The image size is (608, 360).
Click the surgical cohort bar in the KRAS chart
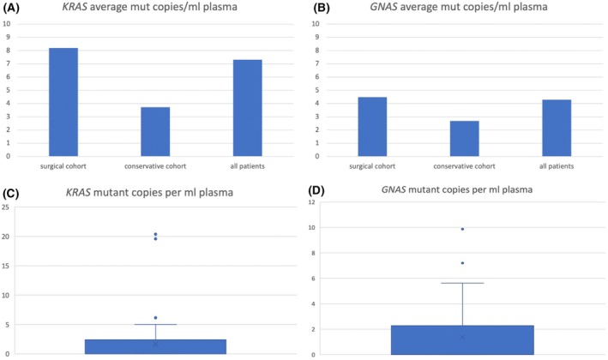click(x=63, y=102)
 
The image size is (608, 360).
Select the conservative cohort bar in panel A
click(x=155, y=131)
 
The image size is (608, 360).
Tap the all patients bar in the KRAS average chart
click(x=247, y=108)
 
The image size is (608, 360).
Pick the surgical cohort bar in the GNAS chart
click(x=372, y=127)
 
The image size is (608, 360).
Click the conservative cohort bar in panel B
click(x=465, y=138)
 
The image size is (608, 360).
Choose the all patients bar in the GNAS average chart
click(x=557, y=128)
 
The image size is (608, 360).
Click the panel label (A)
click(x=11, y=8)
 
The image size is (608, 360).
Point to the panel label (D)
click(x=316, y=190)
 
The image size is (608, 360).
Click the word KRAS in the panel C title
click(x=78, y=193)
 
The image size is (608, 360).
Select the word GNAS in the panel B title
click(x=383, y=7)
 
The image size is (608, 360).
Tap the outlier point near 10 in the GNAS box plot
click(x=462, y=229)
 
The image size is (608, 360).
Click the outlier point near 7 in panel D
click(x=462, y=263)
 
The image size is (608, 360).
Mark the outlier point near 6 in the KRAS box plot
click(x=155, y=318)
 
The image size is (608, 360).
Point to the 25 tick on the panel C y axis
click(x=5, y=207)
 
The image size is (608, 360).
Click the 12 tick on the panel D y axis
click(x=311, y=202)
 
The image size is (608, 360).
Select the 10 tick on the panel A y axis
click(x=6, y=24)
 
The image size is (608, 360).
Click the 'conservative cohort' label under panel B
click(x=464, y=166)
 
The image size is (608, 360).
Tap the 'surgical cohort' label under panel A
click(x=63, y=166)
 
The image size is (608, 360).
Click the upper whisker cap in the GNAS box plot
click(x=462, y=283)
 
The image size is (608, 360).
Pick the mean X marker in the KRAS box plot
click(x=155, y=344)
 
